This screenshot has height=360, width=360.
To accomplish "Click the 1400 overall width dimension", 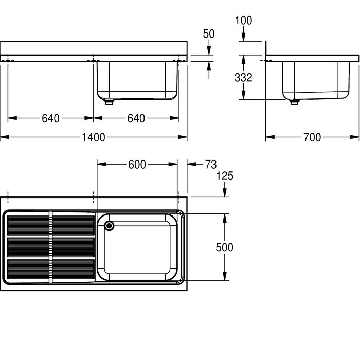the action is tap(94, 137).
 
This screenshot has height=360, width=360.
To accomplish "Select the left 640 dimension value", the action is tap(50, 118).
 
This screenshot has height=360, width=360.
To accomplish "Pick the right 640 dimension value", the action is tap(136, 118).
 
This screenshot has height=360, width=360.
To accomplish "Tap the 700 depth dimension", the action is tap(312, 137).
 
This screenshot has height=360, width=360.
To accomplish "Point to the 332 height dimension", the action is tap(243, 77).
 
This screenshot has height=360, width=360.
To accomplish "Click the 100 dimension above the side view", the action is tap(243, 21).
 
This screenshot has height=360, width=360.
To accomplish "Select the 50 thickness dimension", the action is tap(209, 34).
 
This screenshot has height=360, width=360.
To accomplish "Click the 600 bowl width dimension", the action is tap(137, 165).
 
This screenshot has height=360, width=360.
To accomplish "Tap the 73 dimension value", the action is tap(211, 165).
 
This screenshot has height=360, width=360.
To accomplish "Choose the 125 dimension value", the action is tap(225, 176).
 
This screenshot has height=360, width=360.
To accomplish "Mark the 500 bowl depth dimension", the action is tap(225, 247).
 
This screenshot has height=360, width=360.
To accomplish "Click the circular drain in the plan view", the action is tap(109, 226).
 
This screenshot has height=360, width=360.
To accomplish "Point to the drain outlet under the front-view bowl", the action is tap(109, 102).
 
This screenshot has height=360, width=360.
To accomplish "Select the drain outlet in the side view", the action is tap(294, 102).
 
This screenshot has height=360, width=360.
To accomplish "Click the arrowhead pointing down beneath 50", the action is tap(209, 50).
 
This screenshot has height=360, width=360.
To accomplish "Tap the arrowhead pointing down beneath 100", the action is tap(244, 37).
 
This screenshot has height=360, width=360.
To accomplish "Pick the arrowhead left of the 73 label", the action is tap(191, 164).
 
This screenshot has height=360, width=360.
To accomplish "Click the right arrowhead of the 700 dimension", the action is tap(355, 137).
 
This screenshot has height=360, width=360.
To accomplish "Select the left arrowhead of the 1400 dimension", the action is tap(5, 137).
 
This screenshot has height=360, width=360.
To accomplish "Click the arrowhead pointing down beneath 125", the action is tap(225, 193).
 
